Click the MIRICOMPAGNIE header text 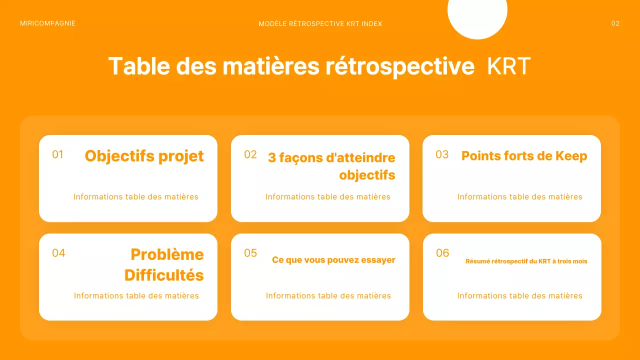tap(47, 23)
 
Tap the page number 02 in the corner tap(615, 23)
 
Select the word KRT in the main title tap(508, 66)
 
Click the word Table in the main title tap(136, 66)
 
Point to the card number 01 tap(58, 154)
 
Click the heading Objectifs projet tap(144, 156)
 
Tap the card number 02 tap(250, 154)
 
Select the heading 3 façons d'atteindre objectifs tap(331, 166)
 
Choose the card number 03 tap(442, 154)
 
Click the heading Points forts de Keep tap(524, 156)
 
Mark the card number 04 tap(58, 253)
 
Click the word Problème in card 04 tap(167, 254)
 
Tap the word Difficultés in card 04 tap(164, 275)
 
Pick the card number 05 tap(250, 253)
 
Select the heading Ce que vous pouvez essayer tap(333, 260)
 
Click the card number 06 tap(442, 253)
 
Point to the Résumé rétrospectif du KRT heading tap(526, 261)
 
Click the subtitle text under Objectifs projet tap(136, 197)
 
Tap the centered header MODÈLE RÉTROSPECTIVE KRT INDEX tap(320, 24)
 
